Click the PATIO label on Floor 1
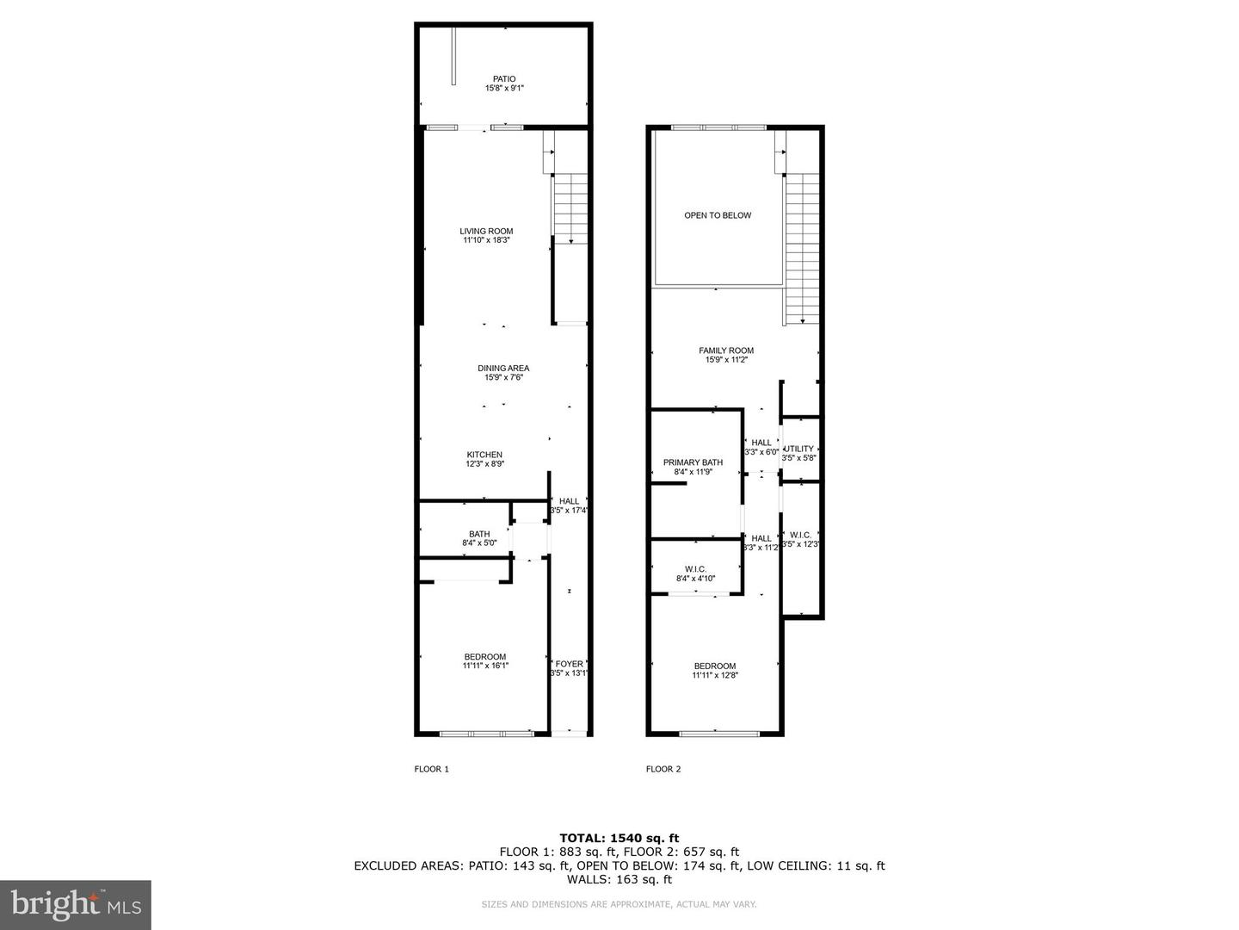pyautogui.click(x=504, y=79)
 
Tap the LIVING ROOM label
pyautogui.click(x=486, y=231)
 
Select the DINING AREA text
pyautogui.click(x=503, y=369)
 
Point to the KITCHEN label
pyautogui.click(x=484, y=455)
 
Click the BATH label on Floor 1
pyautogui.click(x=479, y=534)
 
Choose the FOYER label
pyautogui.click(x=569, y=664)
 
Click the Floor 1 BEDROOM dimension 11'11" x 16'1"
pyautogui.click(x=486, y=666)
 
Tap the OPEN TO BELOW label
pyautogui.click(x=718, y=215)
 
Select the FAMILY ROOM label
pyautogui.click(x=726, y=350)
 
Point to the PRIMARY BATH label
pyautogui.click(x=693, y=462)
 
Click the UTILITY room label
pyautogui.click(x=798, y=449)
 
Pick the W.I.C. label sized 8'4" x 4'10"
pyautogui.click(x=695, y=569)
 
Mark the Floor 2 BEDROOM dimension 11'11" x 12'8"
pyautogui.click(x=715, y=676)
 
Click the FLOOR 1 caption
pyautogui.click(x=432, y=769)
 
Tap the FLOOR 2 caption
pyautogui.click(x=663, y=769)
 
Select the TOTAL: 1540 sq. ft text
pyautogui.click(x=619, y=838)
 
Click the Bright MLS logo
pyautogui.click(x=76, y=904)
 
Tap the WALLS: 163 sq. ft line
pyautogui.click(x=619, y=880)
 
